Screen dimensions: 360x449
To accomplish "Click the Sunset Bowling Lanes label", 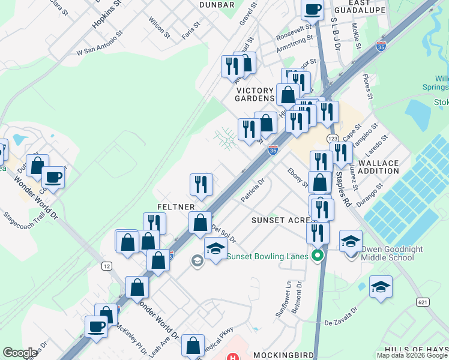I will click(x=268, y=256).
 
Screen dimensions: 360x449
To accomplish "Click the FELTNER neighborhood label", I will click(x=175, y=206).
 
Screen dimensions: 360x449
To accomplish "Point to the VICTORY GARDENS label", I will click(x=255, y=94).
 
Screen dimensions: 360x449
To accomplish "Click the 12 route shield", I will click(x=107, y=266).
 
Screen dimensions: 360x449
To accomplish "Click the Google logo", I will click(x=20, y=352).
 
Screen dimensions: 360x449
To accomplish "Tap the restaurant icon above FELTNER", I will click(x=201, y=184).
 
